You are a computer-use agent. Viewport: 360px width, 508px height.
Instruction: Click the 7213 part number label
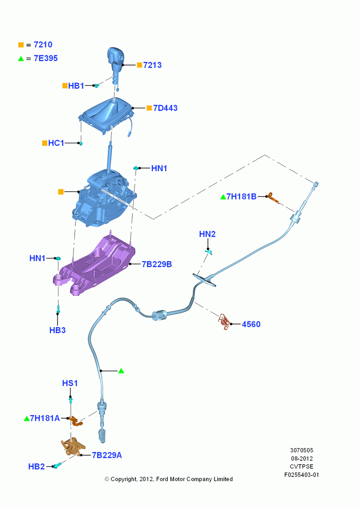tap(152, 65)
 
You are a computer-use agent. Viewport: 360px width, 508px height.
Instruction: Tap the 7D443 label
tap(165, 108)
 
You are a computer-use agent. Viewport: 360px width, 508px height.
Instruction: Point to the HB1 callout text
tap(76, 86)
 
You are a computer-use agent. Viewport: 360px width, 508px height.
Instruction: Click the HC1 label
tap(56, 143)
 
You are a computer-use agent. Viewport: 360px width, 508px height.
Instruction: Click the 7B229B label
tap(157, 264)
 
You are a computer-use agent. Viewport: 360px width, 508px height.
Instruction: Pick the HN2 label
tap(207, 234)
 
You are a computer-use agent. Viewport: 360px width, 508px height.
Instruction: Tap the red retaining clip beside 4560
tap(224, 321)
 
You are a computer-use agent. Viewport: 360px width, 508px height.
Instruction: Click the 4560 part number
tap(251, 324)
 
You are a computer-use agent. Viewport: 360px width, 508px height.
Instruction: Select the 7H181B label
tap(242, 197)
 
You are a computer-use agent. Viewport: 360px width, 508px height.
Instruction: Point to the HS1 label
tap(70, 383)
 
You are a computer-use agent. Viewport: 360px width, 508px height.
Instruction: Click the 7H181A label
tap(45, 419)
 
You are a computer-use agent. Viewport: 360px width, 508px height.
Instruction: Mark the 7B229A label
tap(107, 456)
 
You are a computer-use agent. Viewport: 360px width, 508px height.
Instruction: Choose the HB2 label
tap(36, 467)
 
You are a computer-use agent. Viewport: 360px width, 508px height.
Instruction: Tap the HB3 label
tap(57, 331)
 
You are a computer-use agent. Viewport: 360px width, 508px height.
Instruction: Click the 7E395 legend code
tap(46, 58)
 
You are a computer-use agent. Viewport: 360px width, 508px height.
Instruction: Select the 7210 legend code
tap(43, 45)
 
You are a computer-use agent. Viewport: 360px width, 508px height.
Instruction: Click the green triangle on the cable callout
tap(122, 371)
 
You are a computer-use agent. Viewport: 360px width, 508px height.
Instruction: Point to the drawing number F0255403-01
tap(302, 475)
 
